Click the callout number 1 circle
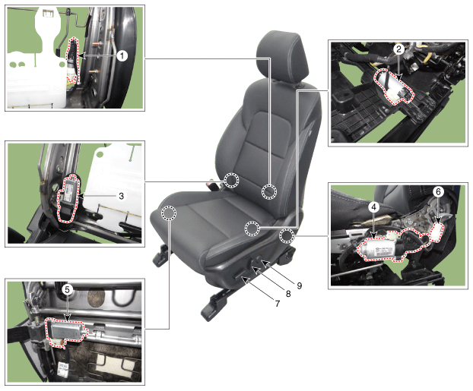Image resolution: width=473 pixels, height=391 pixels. click(x=122, y=55)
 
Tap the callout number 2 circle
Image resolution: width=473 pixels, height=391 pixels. click(x=398, y=49)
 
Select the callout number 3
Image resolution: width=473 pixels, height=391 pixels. click(x=121, y=196)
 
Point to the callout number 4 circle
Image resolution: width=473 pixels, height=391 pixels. click(x=373, y=207)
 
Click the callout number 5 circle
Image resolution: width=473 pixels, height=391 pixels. click(x=67, y=290)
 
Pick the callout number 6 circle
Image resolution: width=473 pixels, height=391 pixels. click(x=438, y=191)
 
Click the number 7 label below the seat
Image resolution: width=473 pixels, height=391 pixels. click(x=278, y=304)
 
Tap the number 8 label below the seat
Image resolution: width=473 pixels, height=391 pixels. click(x=288, y=294)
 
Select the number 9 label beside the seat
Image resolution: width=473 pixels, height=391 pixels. click(x=300, y=285)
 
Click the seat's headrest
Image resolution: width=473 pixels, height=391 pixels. click(x=283, y=57)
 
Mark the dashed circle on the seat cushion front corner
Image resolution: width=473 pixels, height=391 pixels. click(x=169, y=213)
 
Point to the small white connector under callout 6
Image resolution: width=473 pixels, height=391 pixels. click(x=437, y=232)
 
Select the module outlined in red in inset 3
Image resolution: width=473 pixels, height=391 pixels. click(x=68, y=197)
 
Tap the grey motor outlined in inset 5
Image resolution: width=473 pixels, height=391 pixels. click(x=65, y=331)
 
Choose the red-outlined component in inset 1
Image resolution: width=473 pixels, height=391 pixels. click(x=73, y=60)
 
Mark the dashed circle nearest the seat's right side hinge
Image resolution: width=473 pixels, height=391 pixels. click(x=287, y=236)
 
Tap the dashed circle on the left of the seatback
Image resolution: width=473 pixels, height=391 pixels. click(x=231, y=181)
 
